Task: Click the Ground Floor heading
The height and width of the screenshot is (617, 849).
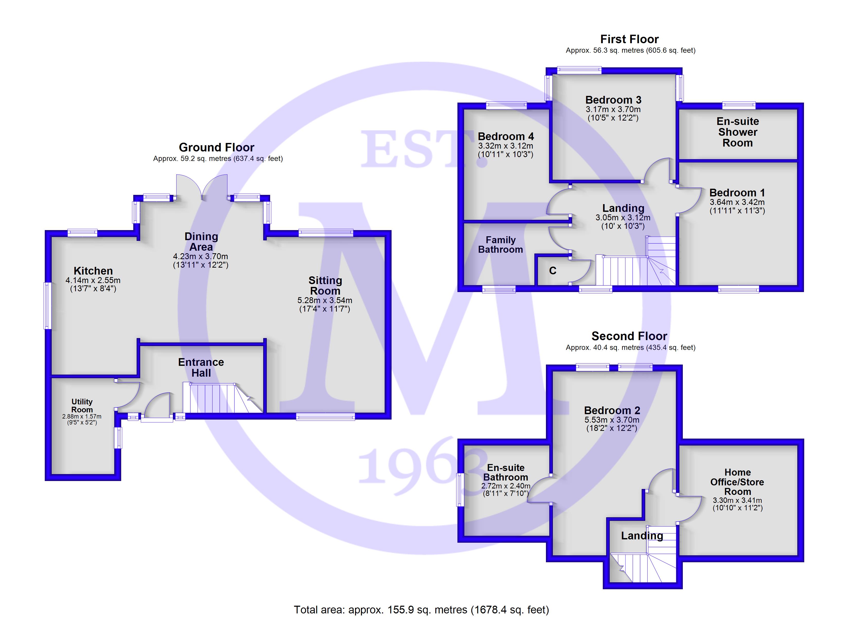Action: click(216, 147)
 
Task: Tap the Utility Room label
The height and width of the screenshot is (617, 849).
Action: click(82, 406)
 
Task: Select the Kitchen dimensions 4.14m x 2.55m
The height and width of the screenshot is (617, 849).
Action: click(93, 280)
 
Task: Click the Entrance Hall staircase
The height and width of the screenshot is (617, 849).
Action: click(223, 398)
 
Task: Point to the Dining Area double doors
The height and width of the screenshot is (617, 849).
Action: click(202, 187)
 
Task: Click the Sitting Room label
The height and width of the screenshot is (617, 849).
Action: click(325, 285)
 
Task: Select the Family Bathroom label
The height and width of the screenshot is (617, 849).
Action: click(500, 245)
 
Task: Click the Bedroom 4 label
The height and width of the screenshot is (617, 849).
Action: click(506, 136)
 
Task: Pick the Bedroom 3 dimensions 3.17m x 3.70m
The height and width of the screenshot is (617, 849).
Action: click(613, 110)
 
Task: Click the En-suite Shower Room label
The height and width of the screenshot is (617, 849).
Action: click(737, 132)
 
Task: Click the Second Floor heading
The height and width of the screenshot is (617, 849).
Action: click(630, 336)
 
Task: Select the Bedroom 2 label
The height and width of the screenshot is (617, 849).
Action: click(612, 411)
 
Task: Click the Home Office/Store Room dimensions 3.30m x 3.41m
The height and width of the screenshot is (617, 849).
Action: click(737, 500)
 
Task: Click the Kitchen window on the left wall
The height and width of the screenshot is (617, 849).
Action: click(48, 306)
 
